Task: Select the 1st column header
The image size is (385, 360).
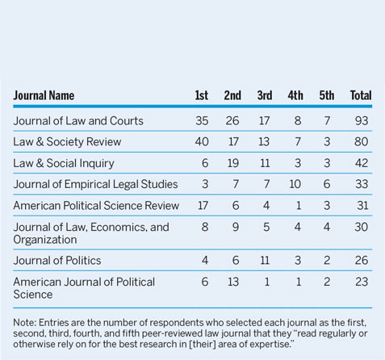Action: coord(201,95)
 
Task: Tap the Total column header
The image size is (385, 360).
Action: coord(360,95)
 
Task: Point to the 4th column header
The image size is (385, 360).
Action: coord(296,95)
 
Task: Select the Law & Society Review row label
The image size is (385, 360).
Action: coord(67,142)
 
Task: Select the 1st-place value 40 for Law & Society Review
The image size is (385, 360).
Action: coord(201,142)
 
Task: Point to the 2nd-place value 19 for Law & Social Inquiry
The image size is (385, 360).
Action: coord(232,163)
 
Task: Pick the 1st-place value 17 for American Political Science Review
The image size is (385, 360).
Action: coord(201,205)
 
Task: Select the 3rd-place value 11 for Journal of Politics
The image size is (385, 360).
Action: coord(265,261)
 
